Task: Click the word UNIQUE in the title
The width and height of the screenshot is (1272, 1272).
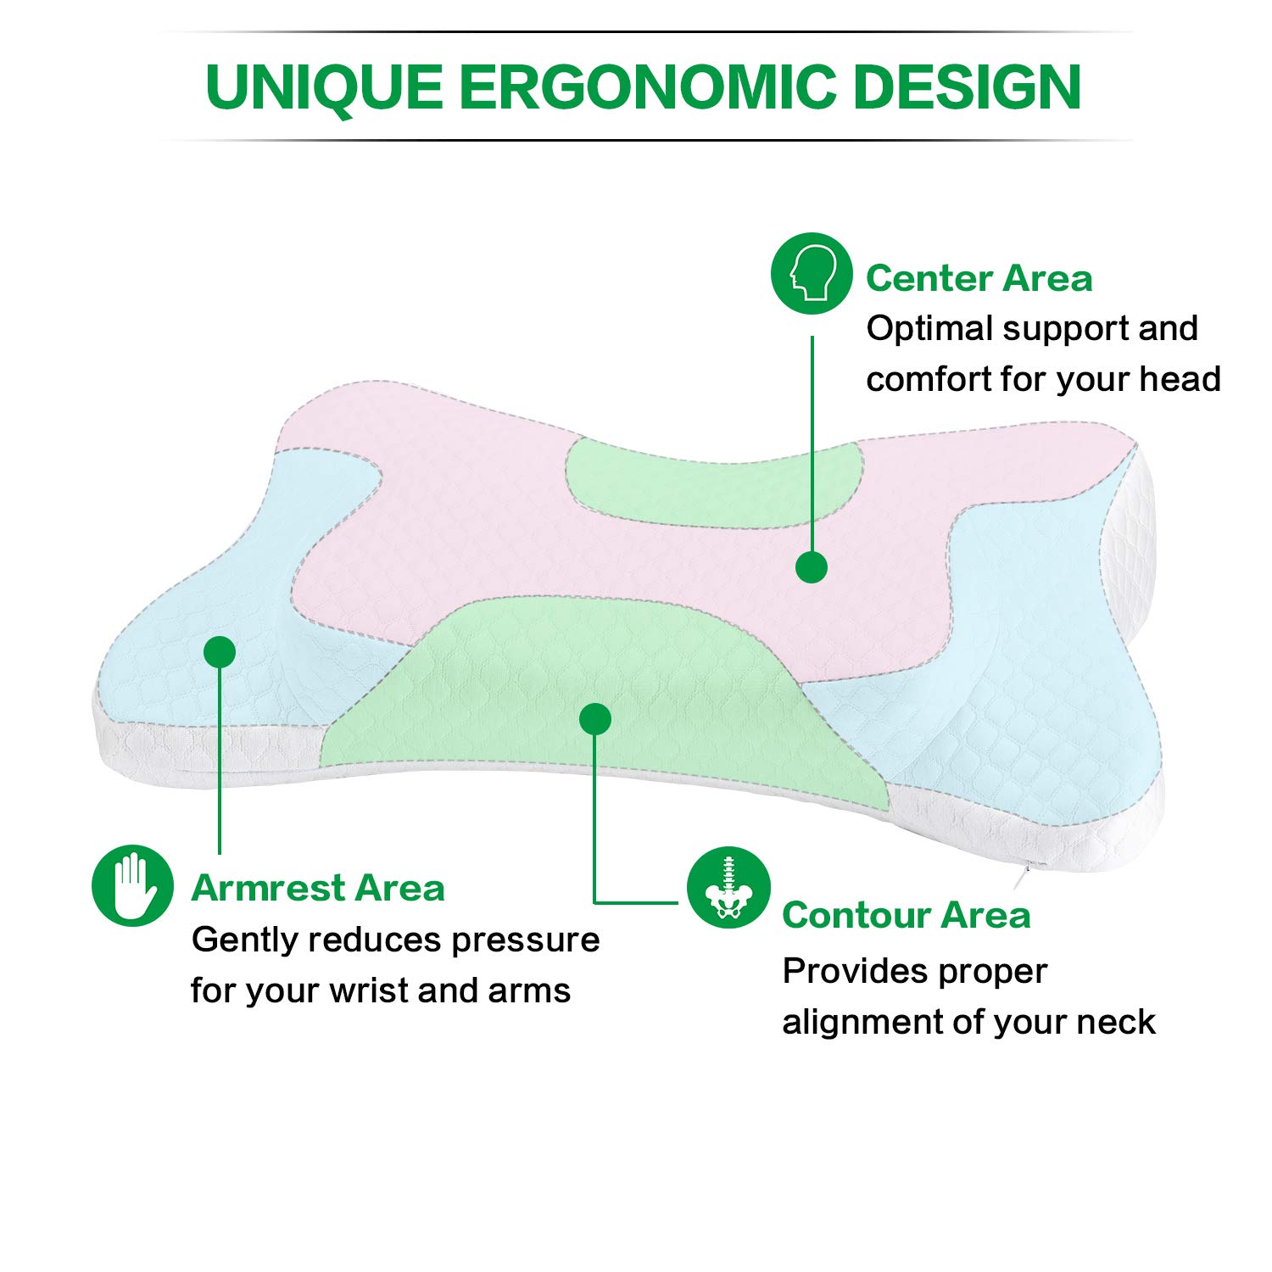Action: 324,87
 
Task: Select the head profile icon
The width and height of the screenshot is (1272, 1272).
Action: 812,273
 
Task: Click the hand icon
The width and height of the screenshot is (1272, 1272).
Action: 132,885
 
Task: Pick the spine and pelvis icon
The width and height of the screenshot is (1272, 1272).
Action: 728,887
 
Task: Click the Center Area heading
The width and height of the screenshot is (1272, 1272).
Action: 979,278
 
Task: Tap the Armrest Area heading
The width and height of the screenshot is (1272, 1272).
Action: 318,888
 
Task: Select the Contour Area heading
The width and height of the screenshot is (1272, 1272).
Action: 906,915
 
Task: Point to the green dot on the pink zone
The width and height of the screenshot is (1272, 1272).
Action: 812,567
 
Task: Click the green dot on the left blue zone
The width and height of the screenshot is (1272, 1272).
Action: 220,652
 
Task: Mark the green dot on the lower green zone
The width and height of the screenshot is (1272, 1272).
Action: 595,719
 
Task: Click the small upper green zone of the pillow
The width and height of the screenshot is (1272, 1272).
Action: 712,483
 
